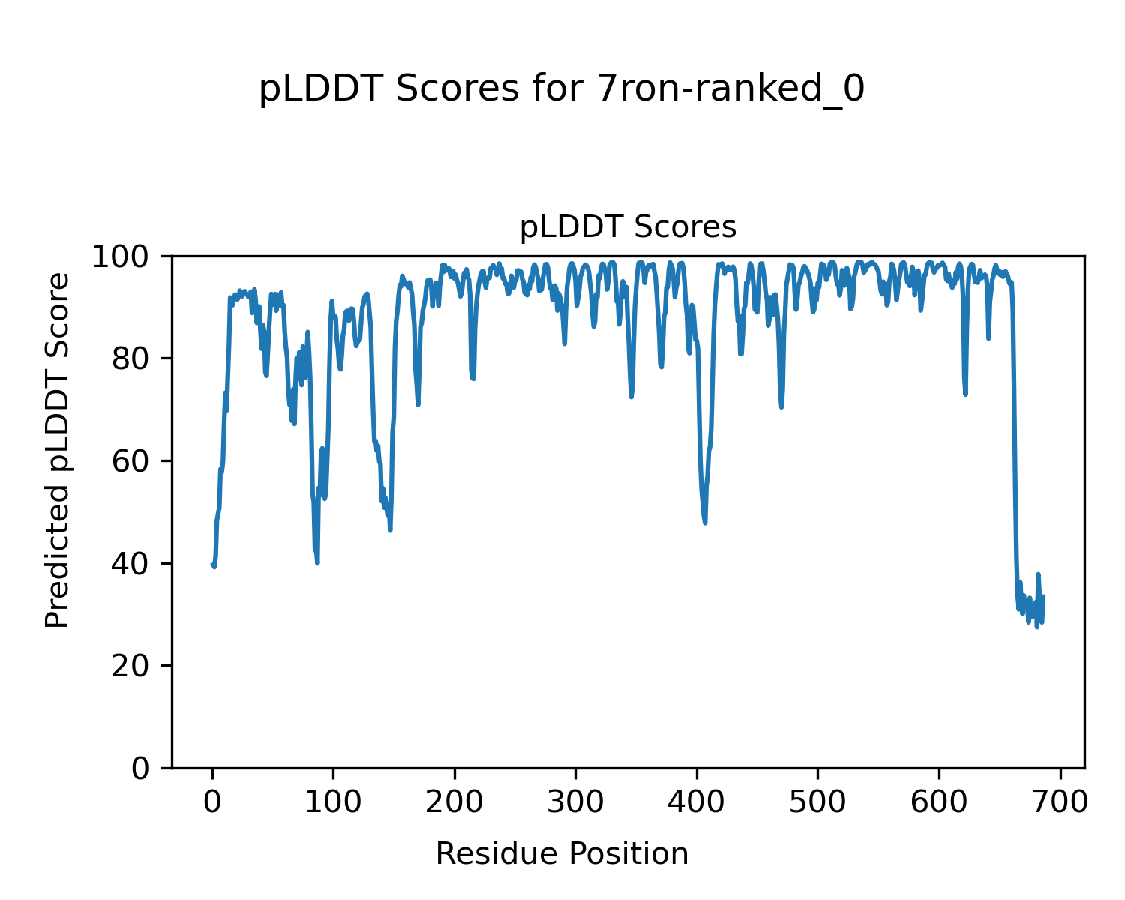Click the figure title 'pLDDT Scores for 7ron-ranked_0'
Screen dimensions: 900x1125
pyautogui.click(x=562, y=90)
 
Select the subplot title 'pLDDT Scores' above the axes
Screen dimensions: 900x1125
pyautogui.click(x=628, y=226)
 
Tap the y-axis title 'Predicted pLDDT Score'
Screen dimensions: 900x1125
pyautogui.click(x=58, y=450)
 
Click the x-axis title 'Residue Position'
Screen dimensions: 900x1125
pyautogui.click(x=562, y=854)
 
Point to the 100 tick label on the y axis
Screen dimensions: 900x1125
pyautogui.click(x=125, y=256)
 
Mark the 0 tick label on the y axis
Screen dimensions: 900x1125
pyautogui.click(x=140, y=768)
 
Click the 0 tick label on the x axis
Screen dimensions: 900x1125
pyautogui.click(x=212, y=802)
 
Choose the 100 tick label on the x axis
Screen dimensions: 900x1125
pyautogui.click(x=333, y=802)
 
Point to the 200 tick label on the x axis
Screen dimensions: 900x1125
pyautogui.click(x=454, y=802)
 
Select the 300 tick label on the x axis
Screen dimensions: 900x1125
pyautogui.click(x=575, y=802)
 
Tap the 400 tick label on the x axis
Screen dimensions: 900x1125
pyautogui.click(x=697, y=802)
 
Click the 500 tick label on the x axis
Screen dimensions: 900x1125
pyautogui.click(x=817, y=802)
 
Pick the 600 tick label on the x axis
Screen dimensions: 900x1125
pyautogui.click(x=939, y=802)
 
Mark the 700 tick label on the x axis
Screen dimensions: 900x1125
pyautogui.click(x=1060, y=802)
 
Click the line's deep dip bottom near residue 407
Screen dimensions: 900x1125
pyautogui.click(x=705, y=522)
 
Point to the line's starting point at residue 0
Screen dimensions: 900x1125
pyautogui.click(x=212, y=564)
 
